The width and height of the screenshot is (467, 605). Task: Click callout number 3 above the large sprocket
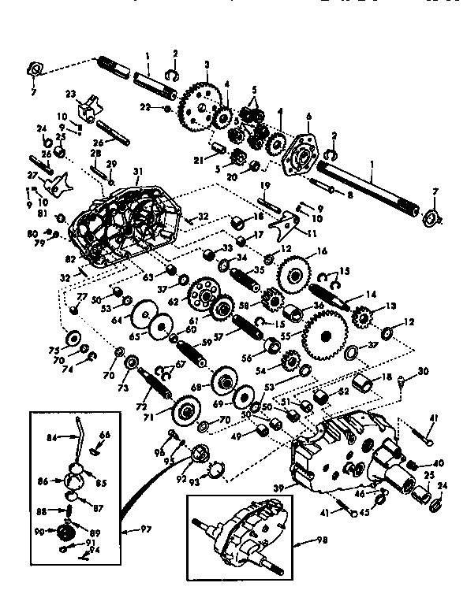pyautogui.click(x=206, y=63)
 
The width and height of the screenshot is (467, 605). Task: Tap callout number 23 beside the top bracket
pyautogui.click(x=70, y=94)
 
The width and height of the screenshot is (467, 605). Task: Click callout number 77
pyautogui.click(x=80, y=297)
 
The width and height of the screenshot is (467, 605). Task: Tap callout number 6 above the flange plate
pyautogui.click(x=308, y=115)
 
